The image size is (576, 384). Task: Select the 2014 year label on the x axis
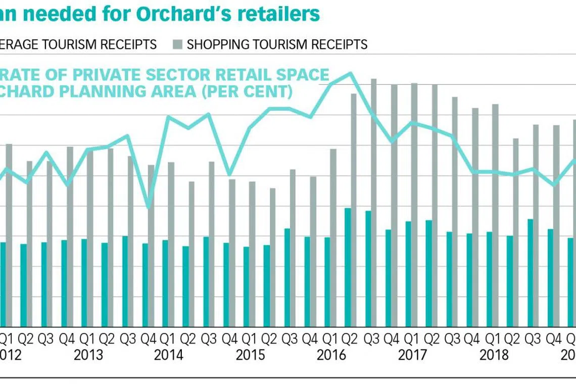tap(169, 355)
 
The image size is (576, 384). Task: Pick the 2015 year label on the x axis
tap(250, 355)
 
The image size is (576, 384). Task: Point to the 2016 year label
tap(331, 355)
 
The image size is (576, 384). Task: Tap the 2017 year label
tap(412, 355)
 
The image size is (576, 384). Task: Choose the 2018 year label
tap(494, 355)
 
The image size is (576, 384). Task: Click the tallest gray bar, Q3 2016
tap(374, 202)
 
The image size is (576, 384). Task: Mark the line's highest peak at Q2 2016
tap(349, 73)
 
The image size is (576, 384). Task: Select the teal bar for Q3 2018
tap(530, 273)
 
